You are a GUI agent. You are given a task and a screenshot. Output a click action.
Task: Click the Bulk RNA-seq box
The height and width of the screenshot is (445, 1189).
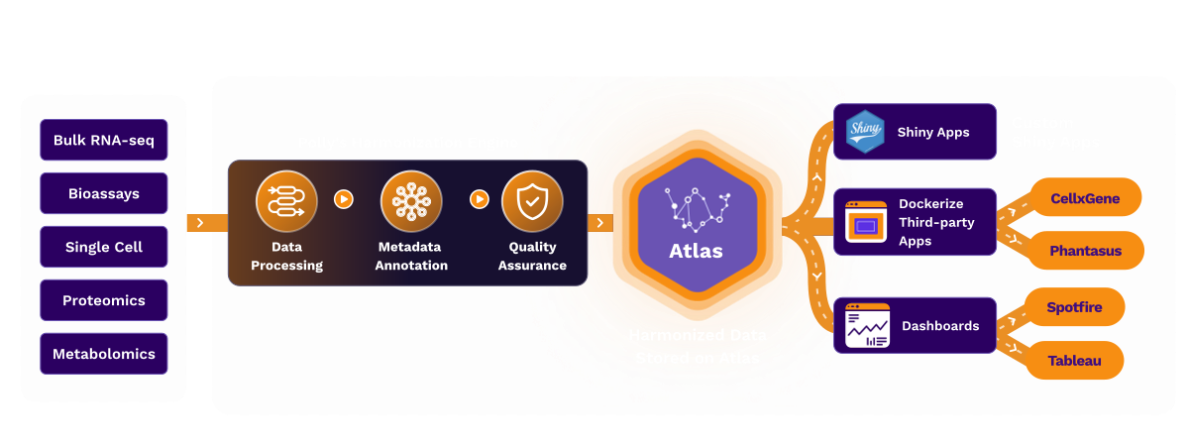pos(103,140)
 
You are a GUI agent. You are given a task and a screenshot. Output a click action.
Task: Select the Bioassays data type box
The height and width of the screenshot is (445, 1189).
pos(103,193)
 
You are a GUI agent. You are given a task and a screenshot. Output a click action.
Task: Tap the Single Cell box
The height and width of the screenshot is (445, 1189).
pos(103,247)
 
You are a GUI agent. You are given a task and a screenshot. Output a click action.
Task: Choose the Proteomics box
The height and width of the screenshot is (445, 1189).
pos(103,300)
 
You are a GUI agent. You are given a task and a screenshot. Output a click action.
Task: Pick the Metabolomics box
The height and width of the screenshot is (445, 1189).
pos(103,354)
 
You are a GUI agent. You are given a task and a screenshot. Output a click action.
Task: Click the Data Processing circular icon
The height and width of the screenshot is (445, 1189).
pos(285,201)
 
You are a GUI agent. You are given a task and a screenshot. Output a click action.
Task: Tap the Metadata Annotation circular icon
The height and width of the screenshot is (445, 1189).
pos(410,201)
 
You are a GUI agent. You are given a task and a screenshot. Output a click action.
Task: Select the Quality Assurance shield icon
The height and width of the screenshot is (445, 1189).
pos(532,201)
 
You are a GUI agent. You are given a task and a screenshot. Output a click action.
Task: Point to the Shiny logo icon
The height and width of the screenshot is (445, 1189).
pos(864,131)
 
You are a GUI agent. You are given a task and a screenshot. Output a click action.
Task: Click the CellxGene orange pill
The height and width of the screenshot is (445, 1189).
pos(1085,198)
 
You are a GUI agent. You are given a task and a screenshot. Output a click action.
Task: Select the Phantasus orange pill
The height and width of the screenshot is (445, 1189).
pos(1086,251)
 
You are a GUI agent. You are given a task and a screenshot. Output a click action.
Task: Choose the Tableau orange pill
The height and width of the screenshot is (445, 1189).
pos(1074,361)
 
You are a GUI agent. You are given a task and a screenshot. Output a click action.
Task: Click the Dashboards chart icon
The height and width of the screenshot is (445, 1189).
pos(867,326)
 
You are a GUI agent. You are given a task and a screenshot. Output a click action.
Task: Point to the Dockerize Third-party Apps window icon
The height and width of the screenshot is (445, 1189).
pos(866,222)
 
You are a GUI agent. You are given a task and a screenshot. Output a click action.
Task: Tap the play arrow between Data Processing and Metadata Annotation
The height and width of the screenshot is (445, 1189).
pos(344,199)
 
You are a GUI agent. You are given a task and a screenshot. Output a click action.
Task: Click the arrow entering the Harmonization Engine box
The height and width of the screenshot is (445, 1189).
pos(200,222)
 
